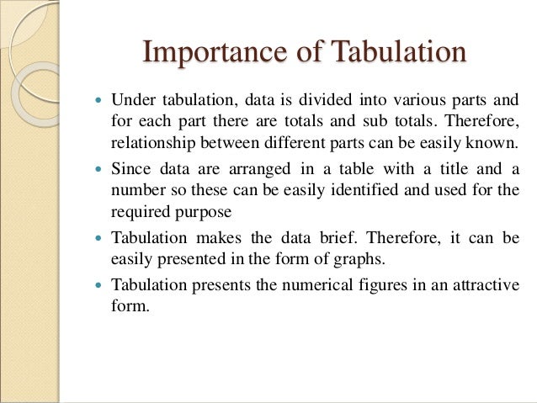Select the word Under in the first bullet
130,99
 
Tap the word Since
128,168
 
